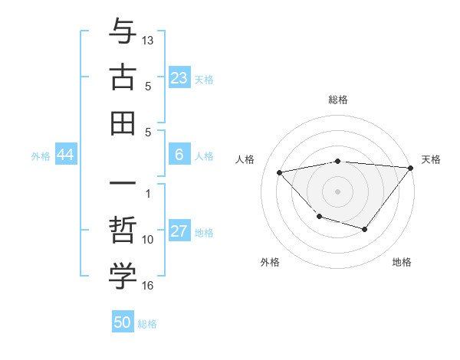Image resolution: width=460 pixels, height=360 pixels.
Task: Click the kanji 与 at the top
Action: pyautogui.click(x=123, y=32)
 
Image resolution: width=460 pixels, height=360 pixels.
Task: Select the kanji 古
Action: pyautogui.click(x=123, y=77)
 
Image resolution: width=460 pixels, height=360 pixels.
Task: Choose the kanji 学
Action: pyautogui.click(x=123, y=277)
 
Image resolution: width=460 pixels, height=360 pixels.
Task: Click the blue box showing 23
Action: pyautogui.click(x=179, y=77)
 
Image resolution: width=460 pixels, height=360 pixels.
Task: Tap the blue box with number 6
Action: pyautogui.click(x=179, y=155)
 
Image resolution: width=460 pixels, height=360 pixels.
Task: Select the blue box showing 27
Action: pyautogui.click(x=179, y=232)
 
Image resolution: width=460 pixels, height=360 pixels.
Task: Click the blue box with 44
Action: pyautogui.click(x=66, y=155)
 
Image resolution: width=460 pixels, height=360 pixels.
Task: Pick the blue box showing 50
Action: pyautogui.click(x=123, y=322)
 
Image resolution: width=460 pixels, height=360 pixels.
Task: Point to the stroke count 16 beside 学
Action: pyautogui.click(x=148, y=286)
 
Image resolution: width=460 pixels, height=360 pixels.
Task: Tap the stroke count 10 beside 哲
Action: pyautogui.click(x=148, y=239)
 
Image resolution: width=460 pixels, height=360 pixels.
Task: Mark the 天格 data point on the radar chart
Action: pyautogui.click(x=411, y=169)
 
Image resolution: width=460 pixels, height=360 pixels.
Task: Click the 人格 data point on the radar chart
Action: pyautogui.click(x=280, y=172)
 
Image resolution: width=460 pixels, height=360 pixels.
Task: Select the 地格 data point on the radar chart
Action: pyautogui.click(x=365, y=229)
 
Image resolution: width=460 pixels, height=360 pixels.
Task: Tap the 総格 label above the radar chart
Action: pyautogui.click(x=338, y=100)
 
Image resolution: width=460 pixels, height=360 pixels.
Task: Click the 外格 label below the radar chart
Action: pyautogui.click(x=270, y=262)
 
